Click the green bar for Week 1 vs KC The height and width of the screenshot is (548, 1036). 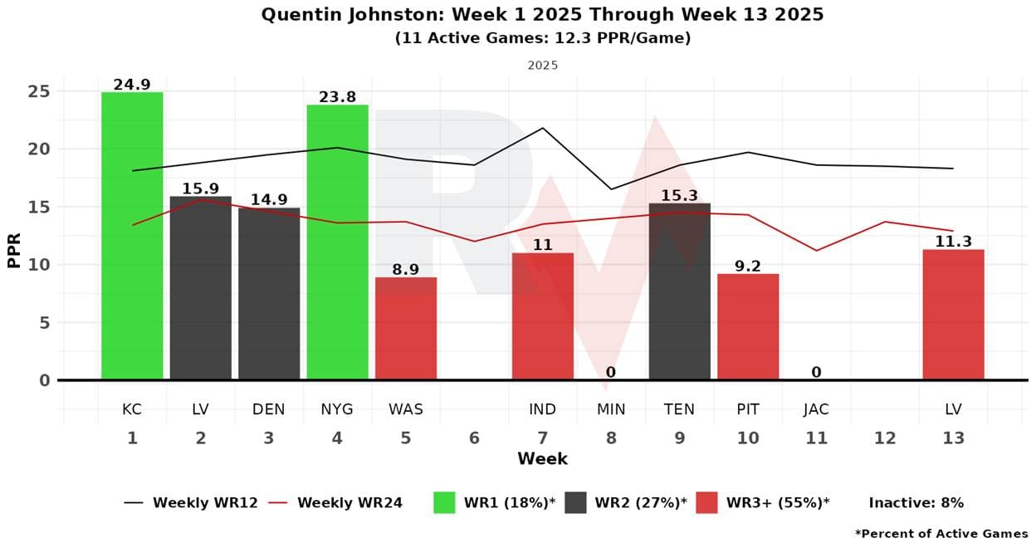[x=132, y=236]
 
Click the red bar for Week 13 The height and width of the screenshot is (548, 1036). [x=953, y=315]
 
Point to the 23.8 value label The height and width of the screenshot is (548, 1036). [x=337, y=97]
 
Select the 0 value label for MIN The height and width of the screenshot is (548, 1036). [x=611, y=373]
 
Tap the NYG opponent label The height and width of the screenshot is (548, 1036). [x=337, y=409]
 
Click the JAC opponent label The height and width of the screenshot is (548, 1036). [x=816, y=409]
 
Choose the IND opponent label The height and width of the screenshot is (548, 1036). [x=542, y=409]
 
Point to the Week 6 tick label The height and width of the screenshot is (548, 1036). [x=474, y=438]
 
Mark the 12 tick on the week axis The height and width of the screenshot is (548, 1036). [x=885, y=438]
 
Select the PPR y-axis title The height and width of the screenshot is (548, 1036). [x=14, y=250]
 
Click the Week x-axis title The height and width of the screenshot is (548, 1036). [x=542, y=459]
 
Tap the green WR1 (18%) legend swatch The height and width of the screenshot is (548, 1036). [x=444, y=502]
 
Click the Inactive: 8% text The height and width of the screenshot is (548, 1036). [x=916, y=502]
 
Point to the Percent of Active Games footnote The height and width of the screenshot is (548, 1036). [x=941, y=534]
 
